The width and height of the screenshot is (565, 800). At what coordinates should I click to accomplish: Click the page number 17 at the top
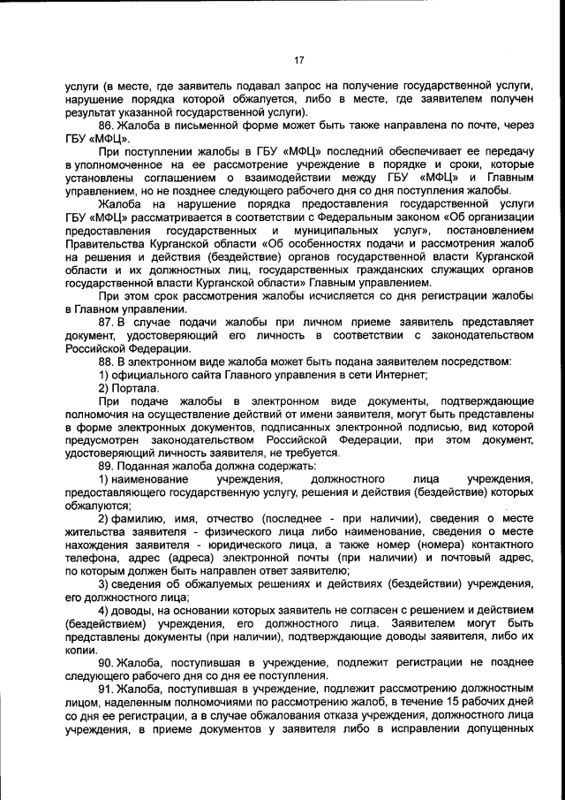coord(298,60)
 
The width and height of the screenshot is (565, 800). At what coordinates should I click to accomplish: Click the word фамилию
coord(141,517)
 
